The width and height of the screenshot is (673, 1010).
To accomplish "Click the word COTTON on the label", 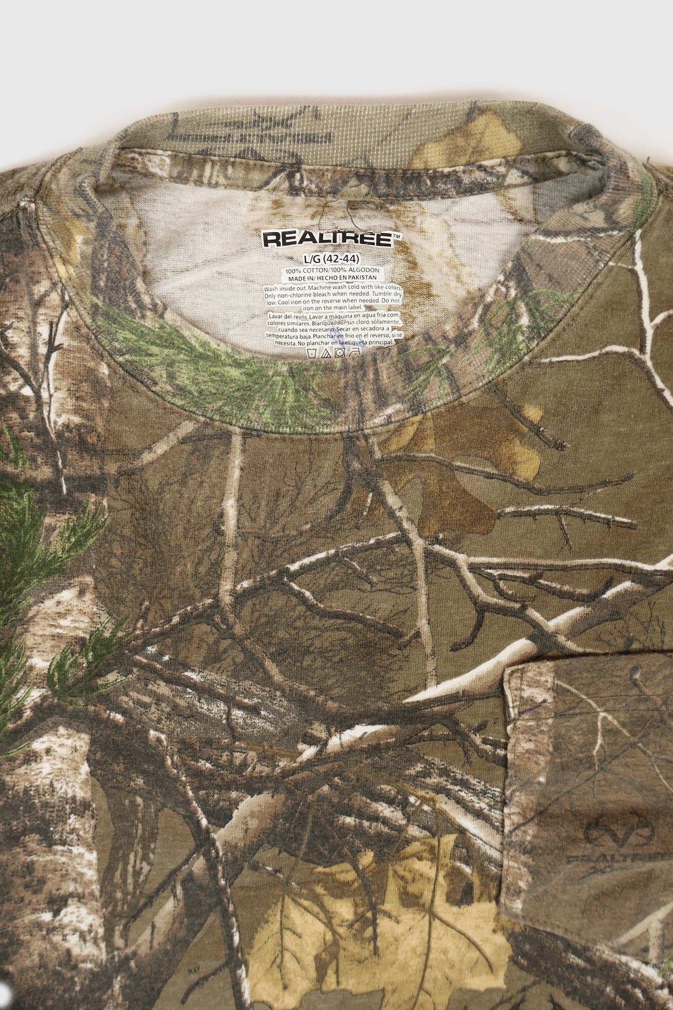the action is tap(307, 270).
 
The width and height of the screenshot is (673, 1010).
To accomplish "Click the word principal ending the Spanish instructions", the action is tap(382, 341).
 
